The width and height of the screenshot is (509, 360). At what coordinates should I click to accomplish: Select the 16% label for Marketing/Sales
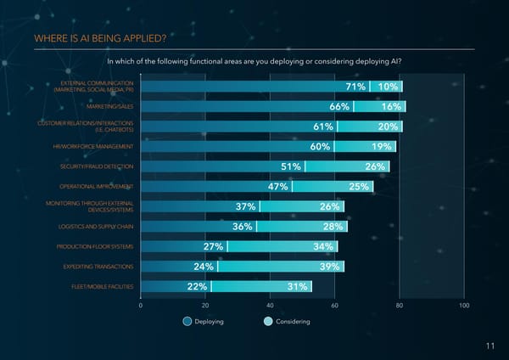[391, 107]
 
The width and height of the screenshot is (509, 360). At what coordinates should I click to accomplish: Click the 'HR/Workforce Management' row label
[93, 146]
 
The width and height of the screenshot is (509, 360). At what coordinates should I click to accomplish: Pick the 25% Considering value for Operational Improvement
[359, 187]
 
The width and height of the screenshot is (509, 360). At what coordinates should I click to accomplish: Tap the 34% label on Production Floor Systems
[322, 247]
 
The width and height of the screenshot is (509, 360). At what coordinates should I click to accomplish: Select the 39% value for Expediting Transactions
[329, 267]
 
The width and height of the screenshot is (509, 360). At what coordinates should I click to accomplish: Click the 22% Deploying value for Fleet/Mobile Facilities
[197, 287]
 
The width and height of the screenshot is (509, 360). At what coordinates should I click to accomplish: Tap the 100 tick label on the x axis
[463, 305]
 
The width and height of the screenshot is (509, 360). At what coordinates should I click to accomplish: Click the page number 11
[490, 346]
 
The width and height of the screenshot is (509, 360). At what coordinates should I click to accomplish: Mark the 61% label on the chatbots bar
[322, 127]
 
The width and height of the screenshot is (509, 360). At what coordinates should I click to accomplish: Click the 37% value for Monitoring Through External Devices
[246, 207]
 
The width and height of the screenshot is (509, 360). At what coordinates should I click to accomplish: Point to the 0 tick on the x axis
[140, 305]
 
